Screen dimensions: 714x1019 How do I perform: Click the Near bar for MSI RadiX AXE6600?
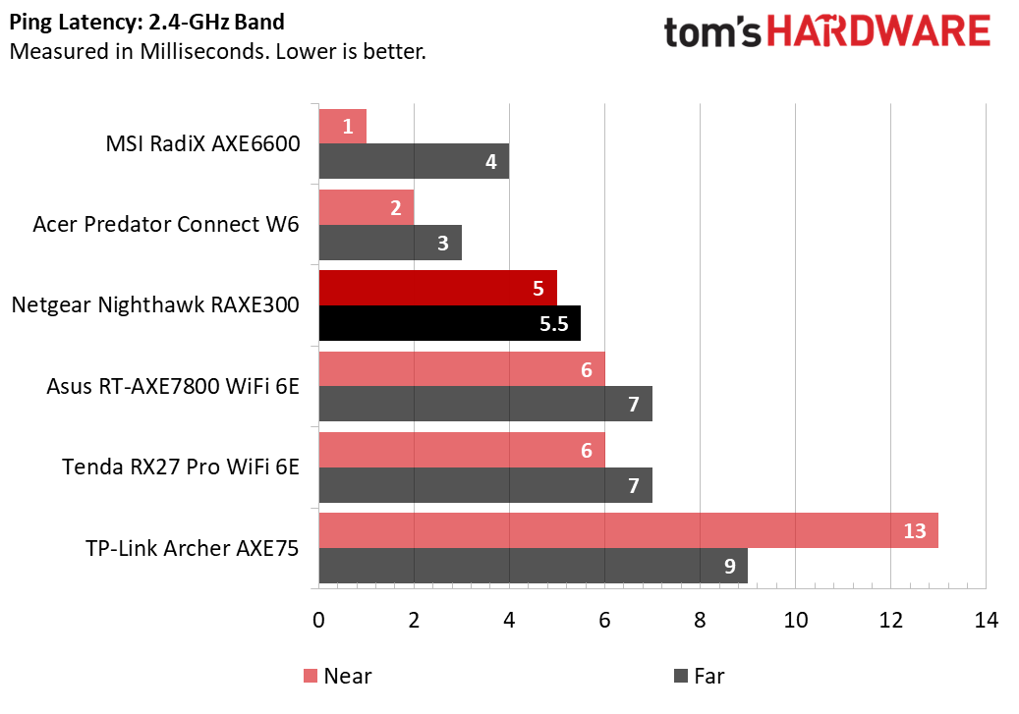(x=342, y=126)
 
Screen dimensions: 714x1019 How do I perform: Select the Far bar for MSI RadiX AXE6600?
(x=414, y=161)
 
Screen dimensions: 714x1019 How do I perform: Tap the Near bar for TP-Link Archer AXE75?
(x=628, y=530)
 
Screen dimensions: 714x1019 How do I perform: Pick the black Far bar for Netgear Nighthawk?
(x=449, y=323)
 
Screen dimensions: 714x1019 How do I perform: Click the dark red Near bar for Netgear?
(x=437, y=288)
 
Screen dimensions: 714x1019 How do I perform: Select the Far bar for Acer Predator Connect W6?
(x=390, y=243)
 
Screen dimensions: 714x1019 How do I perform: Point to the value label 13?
(x=914, y=530)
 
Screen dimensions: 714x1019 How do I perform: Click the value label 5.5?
(x=554, y=324)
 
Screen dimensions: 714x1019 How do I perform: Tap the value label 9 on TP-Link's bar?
(x=730, y=566)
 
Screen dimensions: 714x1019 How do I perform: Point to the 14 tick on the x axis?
(x=985, y=621)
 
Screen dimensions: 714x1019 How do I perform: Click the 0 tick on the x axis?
(x=318, y=621)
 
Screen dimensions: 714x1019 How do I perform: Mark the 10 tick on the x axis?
(x=795, y=621)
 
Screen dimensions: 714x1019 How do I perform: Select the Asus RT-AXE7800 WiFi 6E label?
(x=173, y=385)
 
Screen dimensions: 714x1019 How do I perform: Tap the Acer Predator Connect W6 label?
(x=166, y=224)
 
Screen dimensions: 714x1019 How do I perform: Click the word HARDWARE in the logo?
(x=877, y=31)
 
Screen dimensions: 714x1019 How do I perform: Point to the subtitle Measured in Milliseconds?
(x=217, y=50)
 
